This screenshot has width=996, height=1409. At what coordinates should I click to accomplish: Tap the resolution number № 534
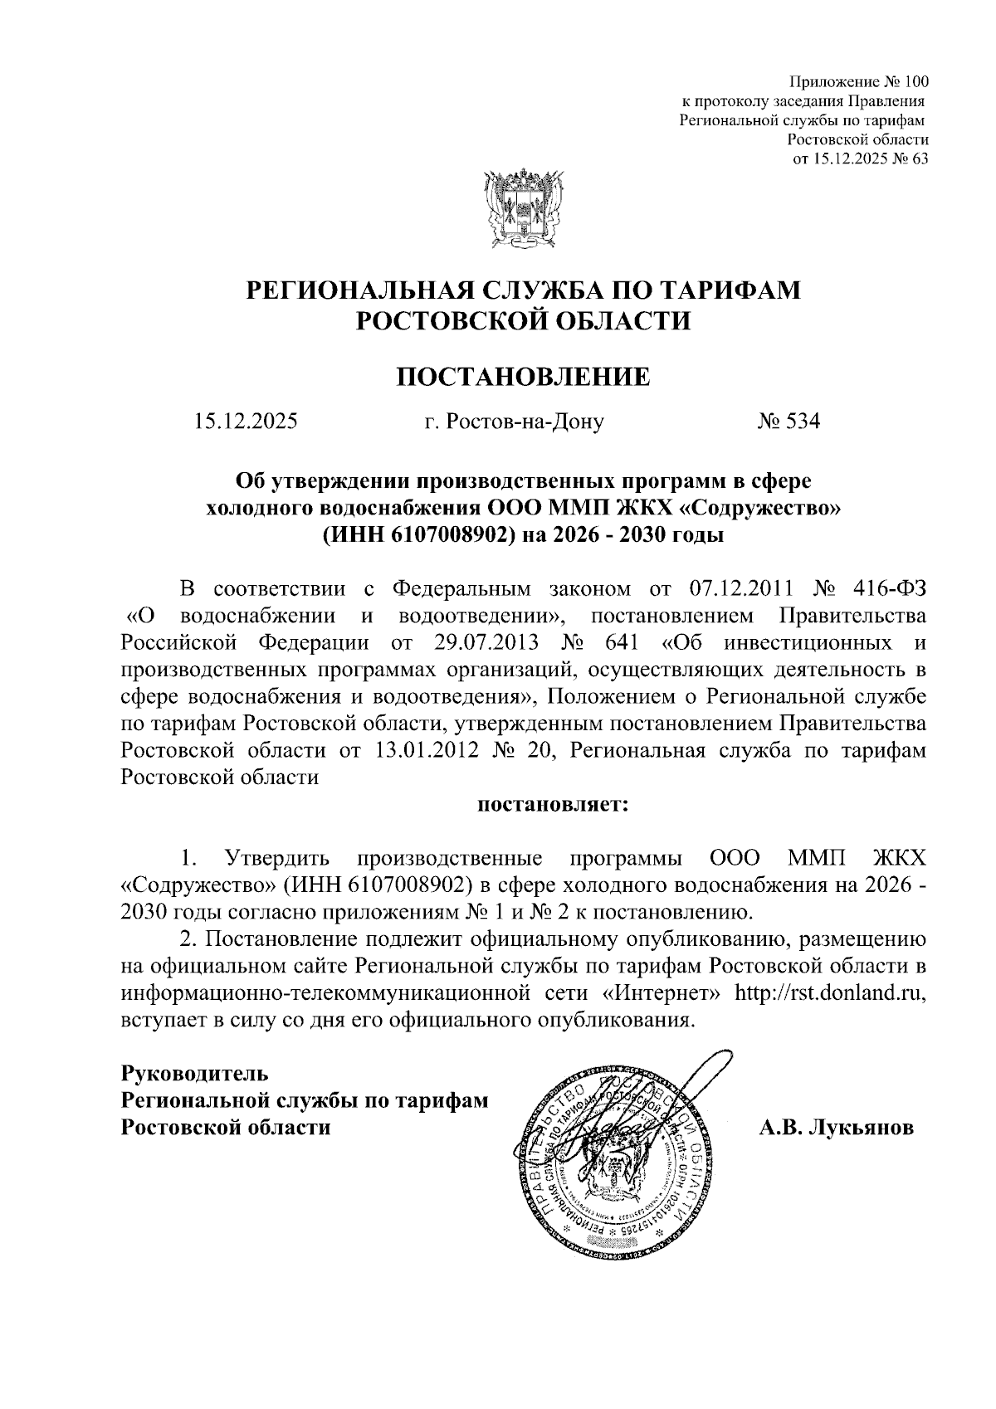coord(788,422)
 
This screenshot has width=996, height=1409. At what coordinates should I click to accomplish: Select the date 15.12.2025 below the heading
coord(245,422)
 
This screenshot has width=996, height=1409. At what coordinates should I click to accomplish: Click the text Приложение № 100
coord(858,82)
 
